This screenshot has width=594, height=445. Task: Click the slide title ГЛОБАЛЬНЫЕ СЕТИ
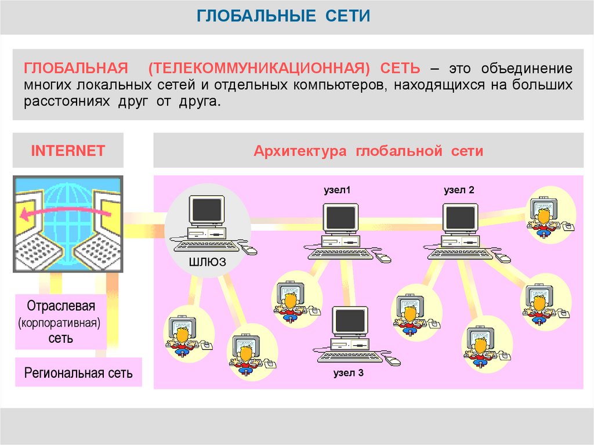click(283, 15)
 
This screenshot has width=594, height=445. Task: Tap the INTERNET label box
click(68, 151)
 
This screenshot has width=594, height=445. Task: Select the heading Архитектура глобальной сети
click(368, 151)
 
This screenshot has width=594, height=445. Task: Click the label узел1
click(337, 190)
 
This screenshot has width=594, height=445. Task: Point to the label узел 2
click(459, 190)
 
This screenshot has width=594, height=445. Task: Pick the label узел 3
click(348, 373)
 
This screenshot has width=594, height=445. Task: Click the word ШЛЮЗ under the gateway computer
click(207, 263)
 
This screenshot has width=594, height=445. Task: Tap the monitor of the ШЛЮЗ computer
click(207, 209)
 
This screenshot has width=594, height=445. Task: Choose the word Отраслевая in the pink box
click(60, 306)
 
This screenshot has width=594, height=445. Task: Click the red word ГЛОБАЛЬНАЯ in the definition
click(76, 68)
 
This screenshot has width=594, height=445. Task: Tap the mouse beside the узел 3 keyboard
click(393, 361)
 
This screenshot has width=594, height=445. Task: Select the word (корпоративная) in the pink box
click(60, 322)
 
